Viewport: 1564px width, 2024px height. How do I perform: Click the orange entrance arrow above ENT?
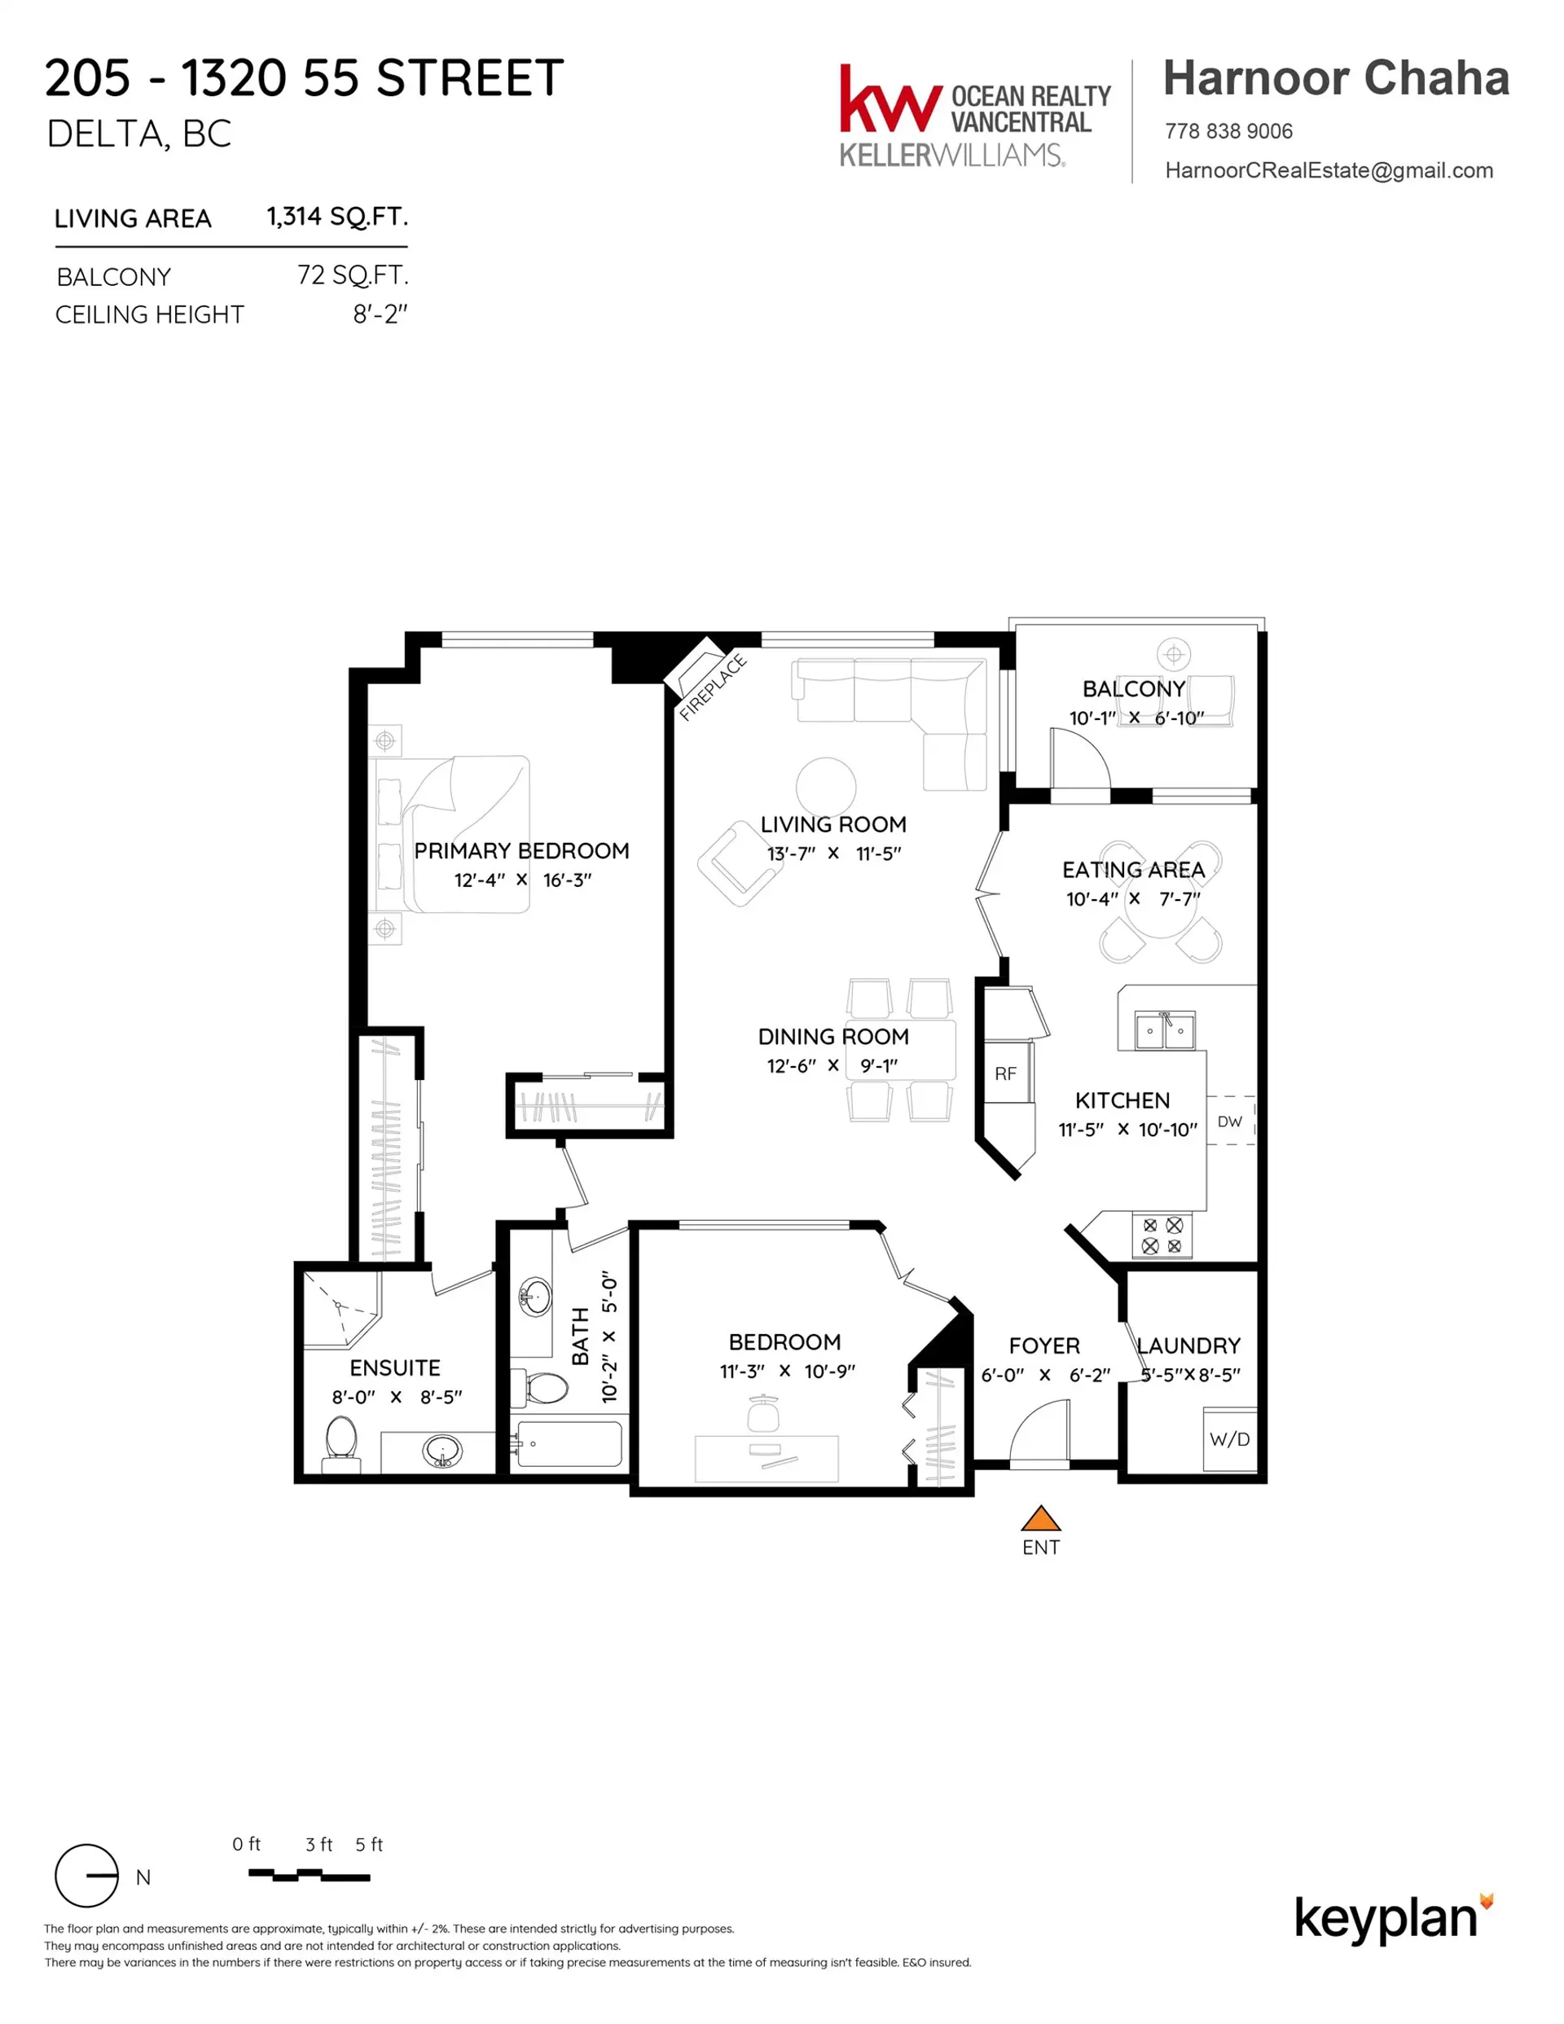(1040, 1518)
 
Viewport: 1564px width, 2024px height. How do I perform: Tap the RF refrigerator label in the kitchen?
(1005, 1074)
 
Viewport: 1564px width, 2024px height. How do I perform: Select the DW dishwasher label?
(1229, 1122)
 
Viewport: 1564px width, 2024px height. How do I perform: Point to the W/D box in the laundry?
(1229, 1439)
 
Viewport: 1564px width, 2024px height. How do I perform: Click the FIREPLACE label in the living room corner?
(712, 687)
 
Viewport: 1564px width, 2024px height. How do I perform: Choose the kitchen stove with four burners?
(1162, 1236)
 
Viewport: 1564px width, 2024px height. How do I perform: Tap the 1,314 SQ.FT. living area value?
(337, 217)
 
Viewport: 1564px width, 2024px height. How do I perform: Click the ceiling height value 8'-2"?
(380, 315)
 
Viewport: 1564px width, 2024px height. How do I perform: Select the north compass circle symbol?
(87, 1876)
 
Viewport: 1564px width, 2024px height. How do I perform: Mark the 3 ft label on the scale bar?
(319, 1845)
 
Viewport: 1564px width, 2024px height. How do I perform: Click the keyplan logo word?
(1385, 1919)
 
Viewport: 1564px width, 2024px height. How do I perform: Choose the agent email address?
(1329, 170)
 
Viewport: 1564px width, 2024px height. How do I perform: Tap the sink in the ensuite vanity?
(442, 1452)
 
